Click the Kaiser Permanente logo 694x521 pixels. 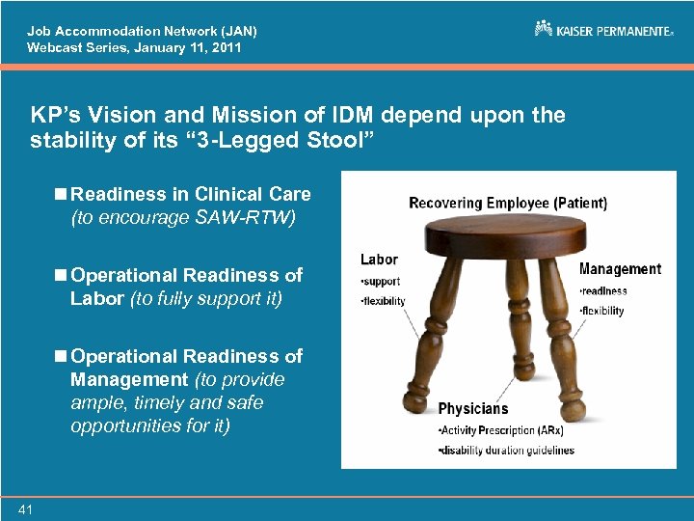click(x=603, y=30)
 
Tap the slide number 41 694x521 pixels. click(x=25, y=508)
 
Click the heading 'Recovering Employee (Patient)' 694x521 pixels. click(x=508, y=203)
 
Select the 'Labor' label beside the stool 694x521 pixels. click(x=379, y=260)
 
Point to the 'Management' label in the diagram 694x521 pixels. click(x=620, y=269)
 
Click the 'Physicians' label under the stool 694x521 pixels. click(x=472, y=409)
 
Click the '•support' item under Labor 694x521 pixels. click(x=380, y=282)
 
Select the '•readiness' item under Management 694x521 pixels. click(x=603, y=290)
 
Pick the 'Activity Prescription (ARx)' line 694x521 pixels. click(x=500, y=430)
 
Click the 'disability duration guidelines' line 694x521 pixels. click(x=506, y=451)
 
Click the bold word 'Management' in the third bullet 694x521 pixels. click(x=129, y=379)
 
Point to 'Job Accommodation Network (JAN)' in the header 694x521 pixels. click(x=142, y=31)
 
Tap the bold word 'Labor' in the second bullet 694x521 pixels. click(x=98, y=298)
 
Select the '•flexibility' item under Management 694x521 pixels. click(x=602, y=311)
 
